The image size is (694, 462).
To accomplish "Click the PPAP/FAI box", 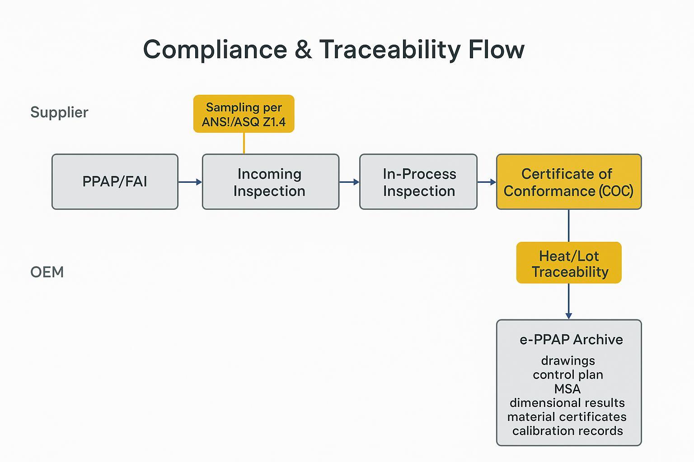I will pos(115,182).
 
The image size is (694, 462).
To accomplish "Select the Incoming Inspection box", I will pos(270,182).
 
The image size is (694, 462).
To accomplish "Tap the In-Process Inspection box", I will pos(418,182).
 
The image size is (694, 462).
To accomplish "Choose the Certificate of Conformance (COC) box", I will pos(568,182).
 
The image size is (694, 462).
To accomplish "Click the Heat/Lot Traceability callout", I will pos(569,263).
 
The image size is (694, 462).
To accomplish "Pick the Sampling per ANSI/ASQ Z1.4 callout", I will pos(244,114).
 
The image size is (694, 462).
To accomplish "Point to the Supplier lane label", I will pos(59,112).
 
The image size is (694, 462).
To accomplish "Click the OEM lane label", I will pos(47,272).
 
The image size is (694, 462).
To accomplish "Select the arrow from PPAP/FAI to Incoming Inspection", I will pos(190,182).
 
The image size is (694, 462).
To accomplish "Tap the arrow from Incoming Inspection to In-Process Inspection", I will pos(349,182).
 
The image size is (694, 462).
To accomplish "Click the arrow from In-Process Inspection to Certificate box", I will pos(487,182).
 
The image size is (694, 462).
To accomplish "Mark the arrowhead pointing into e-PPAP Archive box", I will pos(568,315).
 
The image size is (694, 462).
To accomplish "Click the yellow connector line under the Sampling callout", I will pos(244,143).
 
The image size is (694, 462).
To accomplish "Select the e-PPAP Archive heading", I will pos(571,339).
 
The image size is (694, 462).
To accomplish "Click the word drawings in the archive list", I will pos(568,360).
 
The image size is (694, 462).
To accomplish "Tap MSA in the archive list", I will pos(567,388).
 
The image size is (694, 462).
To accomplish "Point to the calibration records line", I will pos(567,430).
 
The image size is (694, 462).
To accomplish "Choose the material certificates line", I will pos(567,416).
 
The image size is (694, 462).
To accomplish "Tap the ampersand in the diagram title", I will pos(303,49).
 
